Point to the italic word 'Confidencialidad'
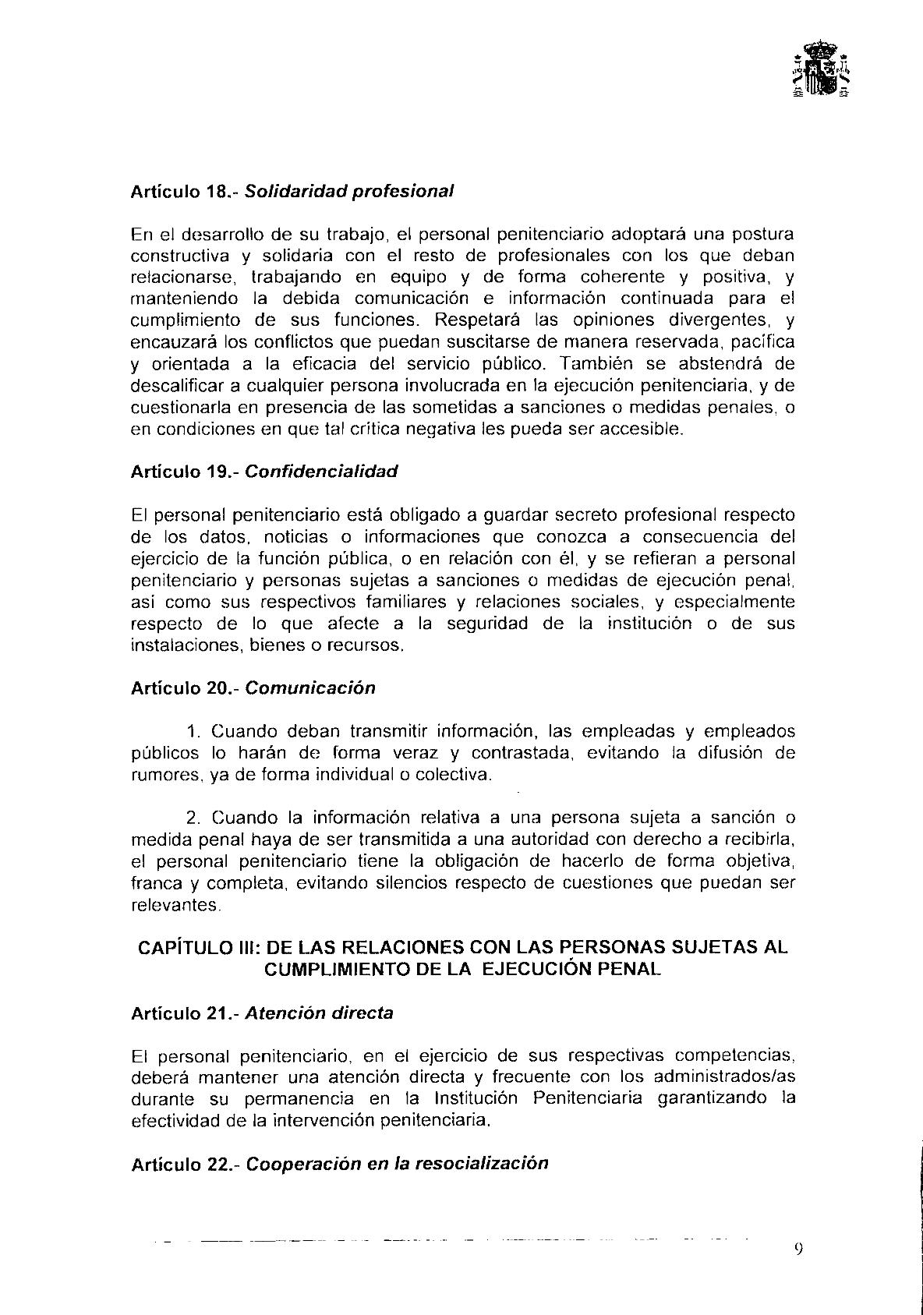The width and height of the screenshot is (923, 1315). [x=321, y=472]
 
